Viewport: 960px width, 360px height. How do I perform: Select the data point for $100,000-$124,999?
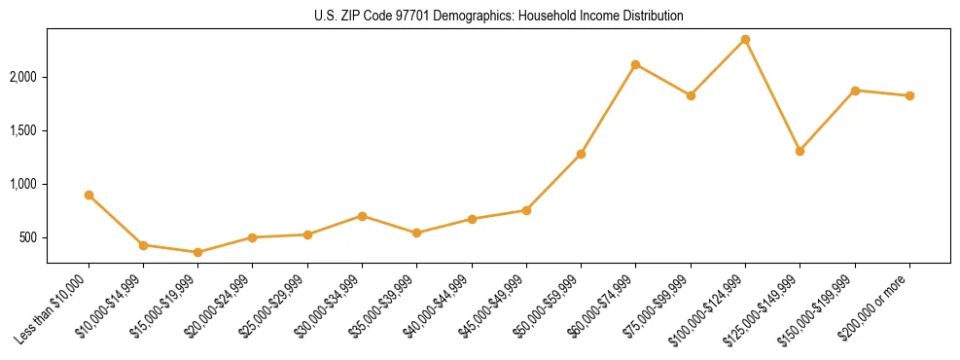[745, 39]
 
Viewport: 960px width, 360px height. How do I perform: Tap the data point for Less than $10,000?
[89, 195]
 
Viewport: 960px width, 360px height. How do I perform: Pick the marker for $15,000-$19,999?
[197, 252]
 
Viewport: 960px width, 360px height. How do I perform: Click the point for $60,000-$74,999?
[635, 64]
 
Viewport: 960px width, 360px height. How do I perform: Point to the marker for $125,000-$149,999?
[800, 151]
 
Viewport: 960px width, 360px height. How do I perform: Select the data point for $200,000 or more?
[909, 95]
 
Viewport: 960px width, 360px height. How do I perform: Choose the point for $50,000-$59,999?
[581, 154]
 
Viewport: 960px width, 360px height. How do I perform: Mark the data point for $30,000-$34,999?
[362, 216]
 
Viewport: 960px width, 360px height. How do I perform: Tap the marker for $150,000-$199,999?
[855, 90]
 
